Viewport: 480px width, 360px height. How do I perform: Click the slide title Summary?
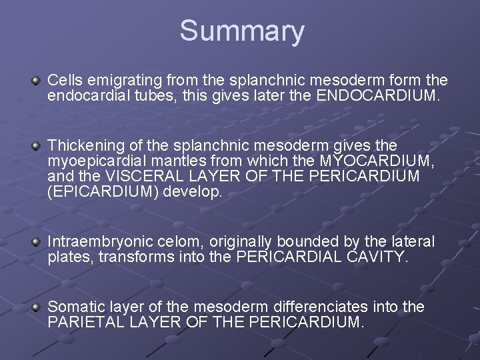coord(241,31)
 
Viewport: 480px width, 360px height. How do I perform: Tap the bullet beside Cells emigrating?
coord(37,81)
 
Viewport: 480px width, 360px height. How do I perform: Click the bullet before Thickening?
coord(37,145)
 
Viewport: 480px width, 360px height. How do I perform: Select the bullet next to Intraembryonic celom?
coord(37,241)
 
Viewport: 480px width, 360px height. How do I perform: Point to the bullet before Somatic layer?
coord(37,307)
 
